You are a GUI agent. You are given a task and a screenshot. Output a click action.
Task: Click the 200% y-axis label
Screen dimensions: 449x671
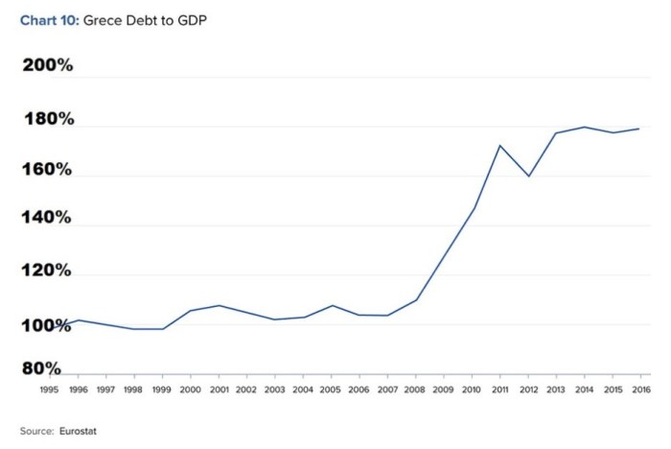pyautogui.click(x=48, y=66)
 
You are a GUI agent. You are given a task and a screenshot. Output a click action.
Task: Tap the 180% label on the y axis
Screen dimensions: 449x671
pyautogui.click(x=48, y=120)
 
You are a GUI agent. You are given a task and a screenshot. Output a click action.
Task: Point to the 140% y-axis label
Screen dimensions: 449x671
pyautogui.click(x=48, y=218)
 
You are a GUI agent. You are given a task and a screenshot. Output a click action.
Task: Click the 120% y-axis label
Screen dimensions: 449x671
pyautogui.click(x=48, y=271)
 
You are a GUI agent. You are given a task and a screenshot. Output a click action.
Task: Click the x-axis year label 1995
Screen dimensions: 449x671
pyautogui.click(x=50, y=390)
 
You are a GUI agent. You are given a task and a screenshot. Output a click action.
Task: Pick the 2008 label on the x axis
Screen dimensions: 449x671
pyautogui.click(x=415, y=390)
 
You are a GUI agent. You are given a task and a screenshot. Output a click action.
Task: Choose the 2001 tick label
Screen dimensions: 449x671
pyautogui.click(x=219, y=390)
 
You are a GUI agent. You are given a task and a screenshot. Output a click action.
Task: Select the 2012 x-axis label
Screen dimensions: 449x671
pyautogui.click(x=527, y=390)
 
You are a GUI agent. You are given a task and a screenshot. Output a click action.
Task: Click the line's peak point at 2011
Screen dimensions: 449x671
pyautogui.click(x=499, y=146)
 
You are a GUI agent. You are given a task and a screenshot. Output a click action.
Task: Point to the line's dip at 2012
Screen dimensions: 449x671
pyautogui.click(x=527, y=177)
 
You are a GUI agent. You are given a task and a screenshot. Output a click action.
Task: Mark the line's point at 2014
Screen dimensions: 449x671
pyautogui.click(x=584, y=127)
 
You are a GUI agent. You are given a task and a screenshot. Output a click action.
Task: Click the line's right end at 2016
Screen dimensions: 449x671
pyautogui.click(x=638, y=129)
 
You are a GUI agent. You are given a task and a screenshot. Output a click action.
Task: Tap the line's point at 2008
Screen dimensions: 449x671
pyautogui.click(x=416, y=299)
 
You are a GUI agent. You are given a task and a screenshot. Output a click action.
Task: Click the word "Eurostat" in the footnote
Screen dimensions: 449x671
pyautogui.click(x=79, y=431)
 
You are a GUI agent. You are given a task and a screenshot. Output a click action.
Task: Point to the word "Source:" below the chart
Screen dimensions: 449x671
pyautogui.click(x=36, y=431)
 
